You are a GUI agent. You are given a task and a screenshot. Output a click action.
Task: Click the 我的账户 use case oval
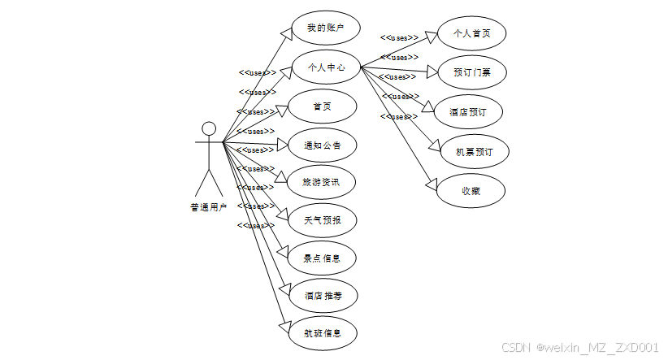pyautogui.click(x=324, y=28)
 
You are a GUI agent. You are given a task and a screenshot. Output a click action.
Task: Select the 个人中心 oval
pyautogui.click(x=324, y=67)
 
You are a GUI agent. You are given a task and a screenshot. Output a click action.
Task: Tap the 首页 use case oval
pyautogui.click(x=323, y=106)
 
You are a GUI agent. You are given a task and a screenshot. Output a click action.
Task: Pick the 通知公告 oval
pyautogui.click(x=323, y=145)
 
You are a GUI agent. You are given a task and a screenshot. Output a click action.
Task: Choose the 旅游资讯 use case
pyautogui.click(x=323, y=182)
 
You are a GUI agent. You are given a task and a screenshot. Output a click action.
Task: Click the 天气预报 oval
pyautogui.click(x=323, y=219)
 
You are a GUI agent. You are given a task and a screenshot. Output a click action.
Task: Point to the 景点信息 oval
pyautogui.click(x=323, y=258)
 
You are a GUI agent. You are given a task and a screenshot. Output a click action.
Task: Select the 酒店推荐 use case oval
pyautogui.click(x=323, y=296)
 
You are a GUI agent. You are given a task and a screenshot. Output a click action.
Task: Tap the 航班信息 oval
pyautogui.click(x=323, y=333)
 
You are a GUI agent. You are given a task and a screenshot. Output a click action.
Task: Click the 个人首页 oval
pyautogui.click(x=471, y=33)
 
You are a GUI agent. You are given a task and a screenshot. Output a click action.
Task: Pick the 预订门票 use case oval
pyautogui.click(x=471, y=72)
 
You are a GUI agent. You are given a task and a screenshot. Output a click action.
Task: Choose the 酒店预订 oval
pyautogui.click(x=471, y=112)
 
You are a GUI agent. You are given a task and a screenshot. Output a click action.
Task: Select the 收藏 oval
pyautogui.click(x=471, y=191)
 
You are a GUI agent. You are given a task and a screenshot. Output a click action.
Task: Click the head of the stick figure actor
pyautogui.click(x=209, y=128)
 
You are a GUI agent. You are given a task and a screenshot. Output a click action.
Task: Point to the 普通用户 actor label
pyautogui.click(x=209, y=207)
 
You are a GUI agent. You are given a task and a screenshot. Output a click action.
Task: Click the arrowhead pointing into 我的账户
pyautogui.click(x=287, y=33)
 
